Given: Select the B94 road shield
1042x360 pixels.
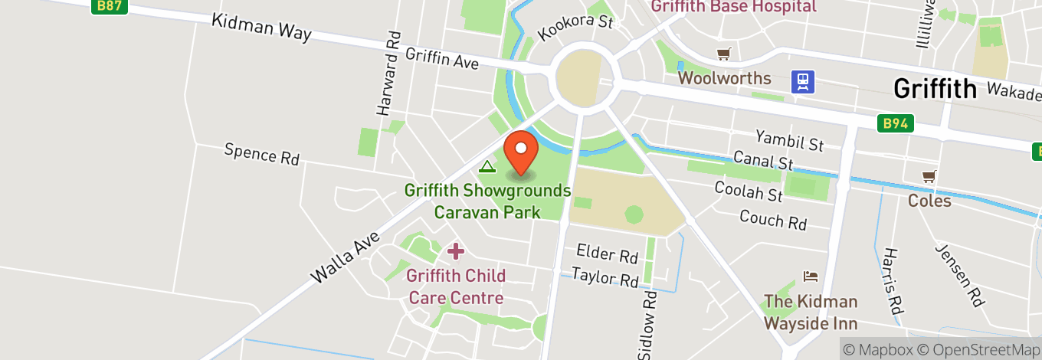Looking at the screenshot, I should [x=896, y=123].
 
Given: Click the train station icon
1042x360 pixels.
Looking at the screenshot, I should [x=803, y=82].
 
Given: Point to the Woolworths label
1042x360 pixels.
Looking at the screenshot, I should [x=724, y=78].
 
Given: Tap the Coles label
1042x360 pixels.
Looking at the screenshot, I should [x=929, y=201].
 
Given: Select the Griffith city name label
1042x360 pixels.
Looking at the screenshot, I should [x=936, y=90].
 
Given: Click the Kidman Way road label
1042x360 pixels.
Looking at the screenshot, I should [x=262, y=28].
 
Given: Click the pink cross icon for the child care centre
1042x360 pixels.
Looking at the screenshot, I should [x=456, y=250].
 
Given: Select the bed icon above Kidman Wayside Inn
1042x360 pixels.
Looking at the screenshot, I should [x=811, y=277].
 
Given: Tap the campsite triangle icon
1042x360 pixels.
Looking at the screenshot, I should [x=487, y=166].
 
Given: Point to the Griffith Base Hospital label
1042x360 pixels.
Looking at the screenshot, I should [x=733, y=7].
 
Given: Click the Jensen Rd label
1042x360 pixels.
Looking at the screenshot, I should [x=959, y=276].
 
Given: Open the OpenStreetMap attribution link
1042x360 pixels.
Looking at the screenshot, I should [x=977, y=349].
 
